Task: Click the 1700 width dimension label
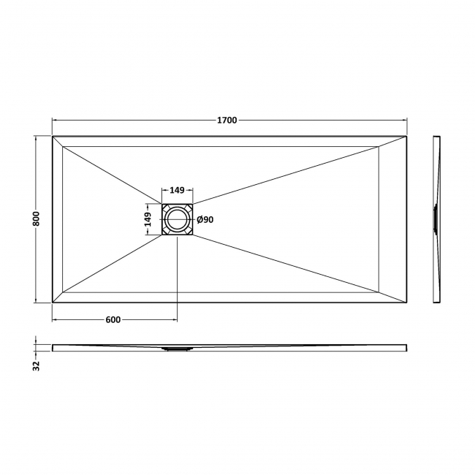coord(228,121)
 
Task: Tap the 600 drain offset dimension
coord(113,319)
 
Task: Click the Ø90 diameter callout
coord(205,220)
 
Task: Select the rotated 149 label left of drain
coord(147,219)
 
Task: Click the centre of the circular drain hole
coord(177,219)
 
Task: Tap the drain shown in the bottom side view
coord(177,349)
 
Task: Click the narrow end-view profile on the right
coord(436,218)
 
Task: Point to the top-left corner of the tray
coord(53,136)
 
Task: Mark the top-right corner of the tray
coord(407,136)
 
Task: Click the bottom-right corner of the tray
coord(407,302)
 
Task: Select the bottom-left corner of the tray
coord(53,302)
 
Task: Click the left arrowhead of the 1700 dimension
coord(55,121)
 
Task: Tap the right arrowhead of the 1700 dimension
coord(405,121)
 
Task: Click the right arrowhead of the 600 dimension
coord(175,319)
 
